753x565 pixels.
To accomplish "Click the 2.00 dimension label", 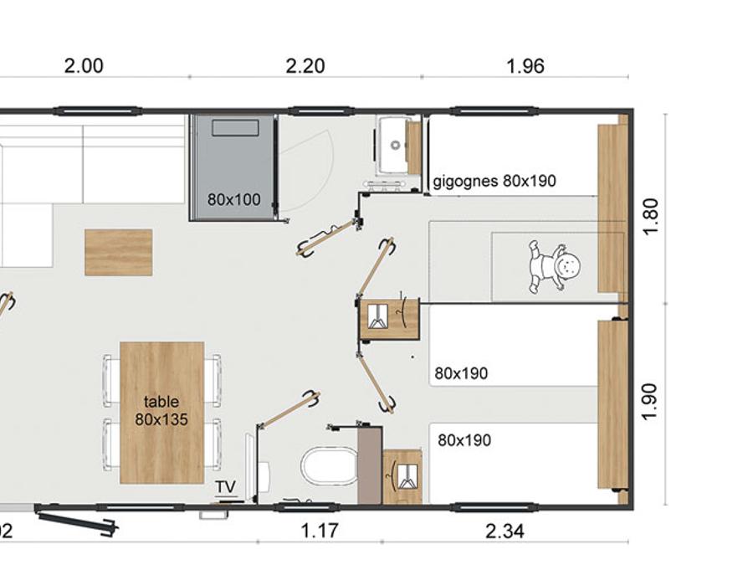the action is pos(84,66).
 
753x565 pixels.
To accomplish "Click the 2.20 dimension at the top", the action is pos(305,66).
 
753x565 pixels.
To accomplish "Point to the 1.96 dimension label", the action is pos(525,66).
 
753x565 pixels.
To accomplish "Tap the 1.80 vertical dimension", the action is pos(650,216).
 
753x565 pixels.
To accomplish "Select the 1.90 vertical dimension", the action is pos(650,401).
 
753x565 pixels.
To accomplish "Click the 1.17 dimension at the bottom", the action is pos(320,531).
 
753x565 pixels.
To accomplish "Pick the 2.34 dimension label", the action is pos(505,532).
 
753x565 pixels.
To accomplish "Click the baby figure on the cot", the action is pos(556,267).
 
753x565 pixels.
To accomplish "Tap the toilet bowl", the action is pos(330,466).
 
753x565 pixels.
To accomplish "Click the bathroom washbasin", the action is pos(393,145).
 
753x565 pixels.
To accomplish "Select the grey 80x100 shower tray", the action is pos(233,167).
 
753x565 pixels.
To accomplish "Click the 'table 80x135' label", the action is pos(161,410).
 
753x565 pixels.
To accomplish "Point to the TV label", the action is pos(226,486).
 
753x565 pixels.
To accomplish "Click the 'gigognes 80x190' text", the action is pos(494,181).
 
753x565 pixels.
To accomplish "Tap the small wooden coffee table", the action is pos(119,252).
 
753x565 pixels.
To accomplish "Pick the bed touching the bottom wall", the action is pos(514,463).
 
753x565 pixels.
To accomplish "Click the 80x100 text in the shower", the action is pos(234,199).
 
